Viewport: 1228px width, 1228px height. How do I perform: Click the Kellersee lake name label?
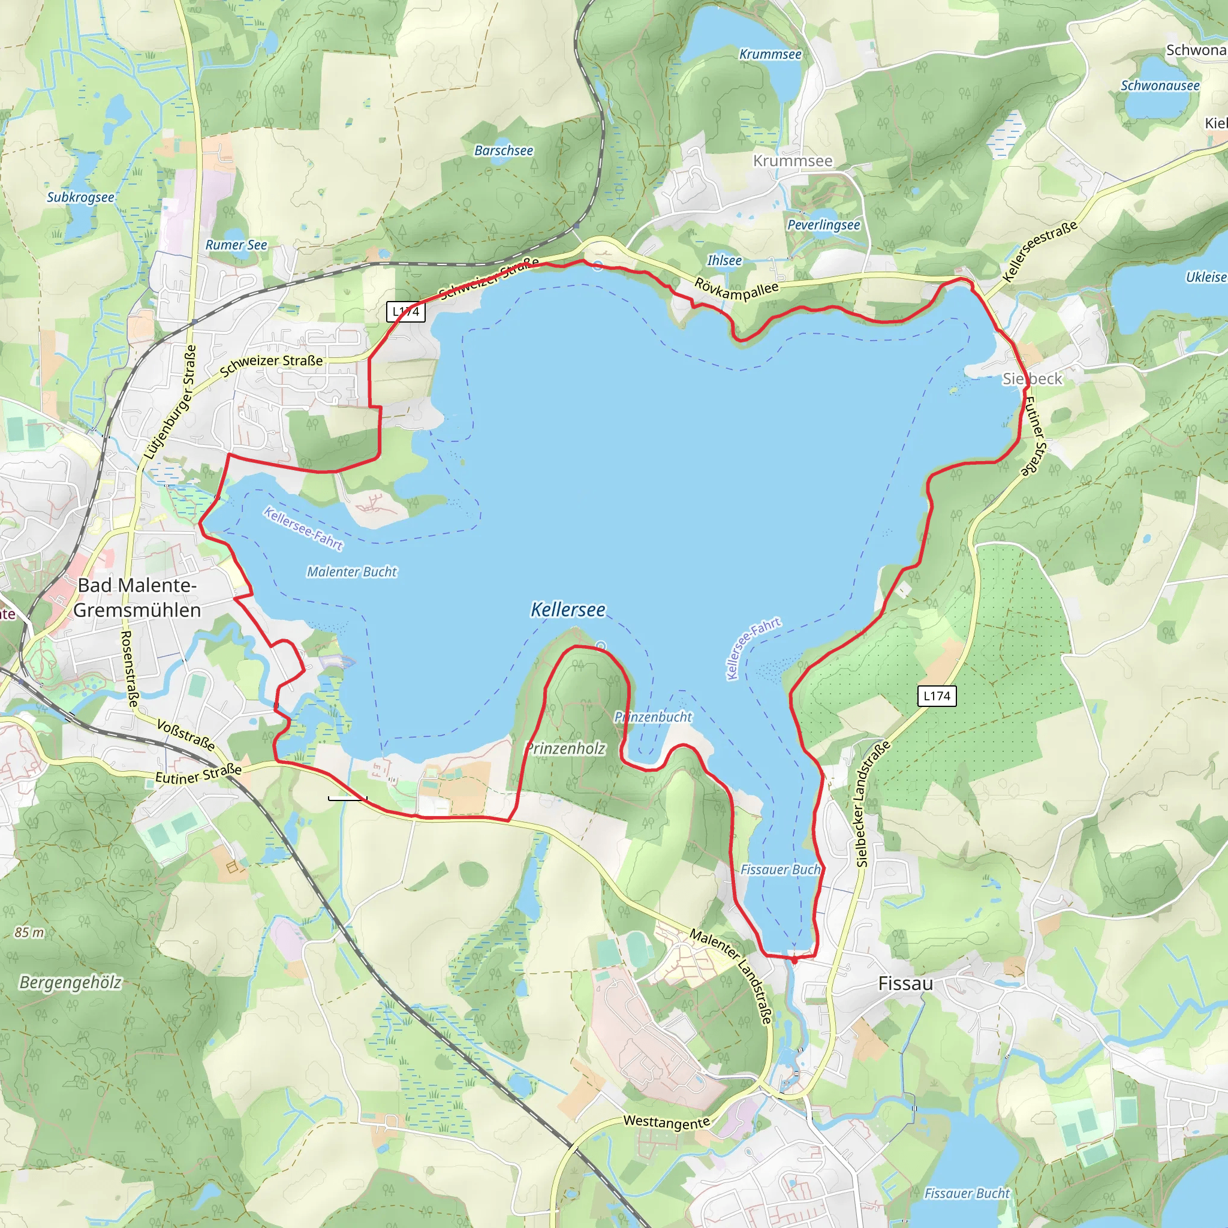[568, 610]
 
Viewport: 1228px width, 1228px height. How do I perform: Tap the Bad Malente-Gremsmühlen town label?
[137, 597]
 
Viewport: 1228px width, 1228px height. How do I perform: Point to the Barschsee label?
[504, 151]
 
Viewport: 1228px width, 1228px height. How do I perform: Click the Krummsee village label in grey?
[792, 161]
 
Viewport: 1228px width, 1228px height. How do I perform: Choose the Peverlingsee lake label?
[823, 225]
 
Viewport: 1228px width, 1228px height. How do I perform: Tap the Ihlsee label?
[724, 261]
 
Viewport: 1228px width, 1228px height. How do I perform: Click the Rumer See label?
[236, 245]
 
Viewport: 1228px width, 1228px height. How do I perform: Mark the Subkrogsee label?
[80, 197]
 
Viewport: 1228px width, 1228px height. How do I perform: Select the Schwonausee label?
[1160, 86]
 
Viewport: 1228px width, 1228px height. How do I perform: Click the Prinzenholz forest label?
[565, 748]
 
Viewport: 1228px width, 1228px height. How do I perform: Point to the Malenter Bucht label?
[351, 572]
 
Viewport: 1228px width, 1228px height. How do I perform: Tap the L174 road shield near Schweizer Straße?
[405, 311]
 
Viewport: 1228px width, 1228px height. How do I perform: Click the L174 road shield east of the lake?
[937, 696]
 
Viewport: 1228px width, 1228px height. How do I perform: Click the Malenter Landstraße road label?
[731, 977]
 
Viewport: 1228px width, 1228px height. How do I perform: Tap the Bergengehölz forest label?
[70, 983]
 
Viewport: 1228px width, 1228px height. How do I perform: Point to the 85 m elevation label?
[29, 932]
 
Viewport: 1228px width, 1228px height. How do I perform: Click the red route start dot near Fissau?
[794, 961]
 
